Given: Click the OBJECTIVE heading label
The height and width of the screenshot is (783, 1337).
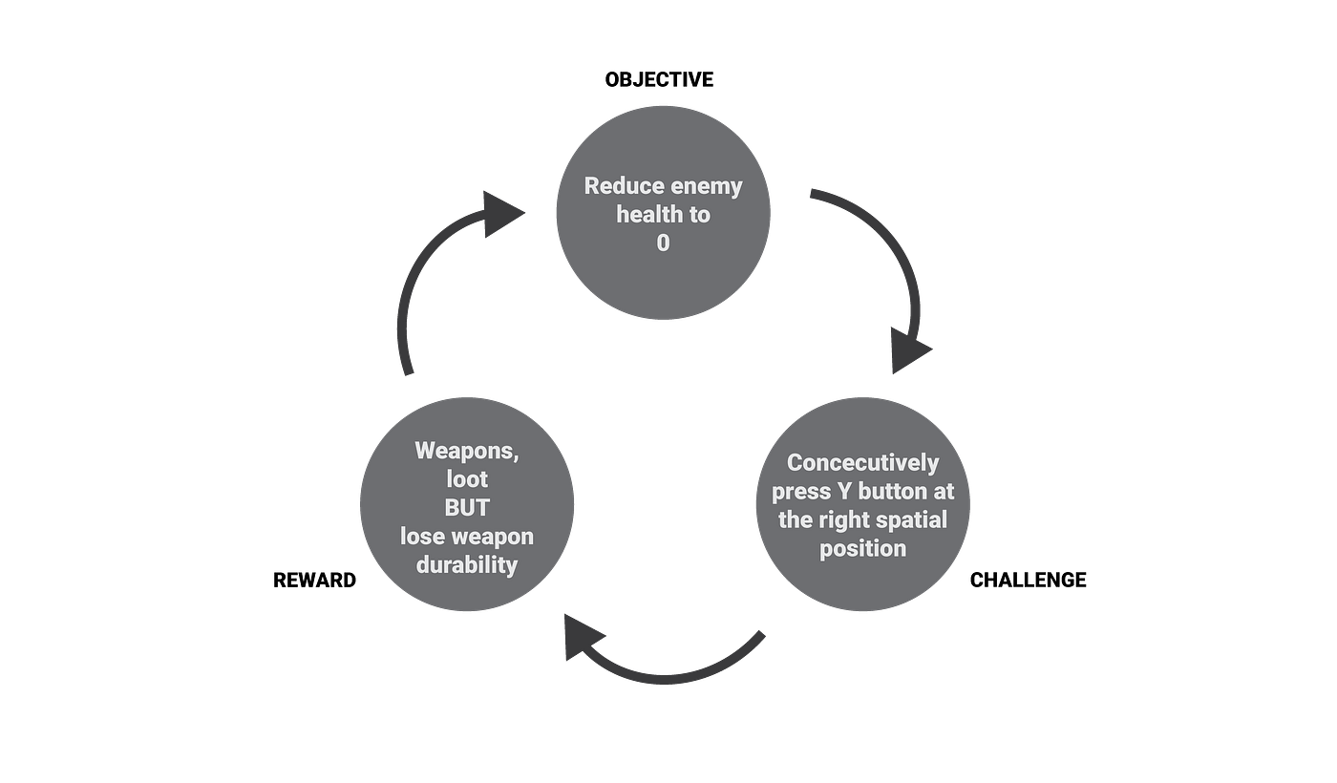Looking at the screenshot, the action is click(659, 79).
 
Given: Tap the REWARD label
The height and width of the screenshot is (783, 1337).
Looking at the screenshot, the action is click(314, 581).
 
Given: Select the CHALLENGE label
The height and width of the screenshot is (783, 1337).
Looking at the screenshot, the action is click(1028, 581).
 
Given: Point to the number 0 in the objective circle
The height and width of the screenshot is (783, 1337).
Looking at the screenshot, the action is click(663, 243).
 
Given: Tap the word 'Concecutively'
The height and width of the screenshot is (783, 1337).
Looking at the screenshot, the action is click(862, 462).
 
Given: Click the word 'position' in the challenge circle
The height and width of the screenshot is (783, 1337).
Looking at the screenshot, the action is click(862, 548).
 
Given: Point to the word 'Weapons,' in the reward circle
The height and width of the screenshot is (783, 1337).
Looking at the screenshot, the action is click(467, 451).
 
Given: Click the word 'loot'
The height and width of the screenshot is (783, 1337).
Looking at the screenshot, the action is click(467, 478).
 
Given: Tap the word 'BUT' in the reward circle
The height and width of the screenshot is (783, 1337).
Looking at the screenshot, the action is click(467, 507).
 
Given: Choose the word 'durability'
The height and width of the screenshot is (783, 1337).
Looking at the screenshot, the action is click(467, 564).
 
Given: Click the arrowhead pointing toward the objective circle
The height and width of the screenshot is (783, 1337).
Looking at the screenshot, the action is click(500, 214).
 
